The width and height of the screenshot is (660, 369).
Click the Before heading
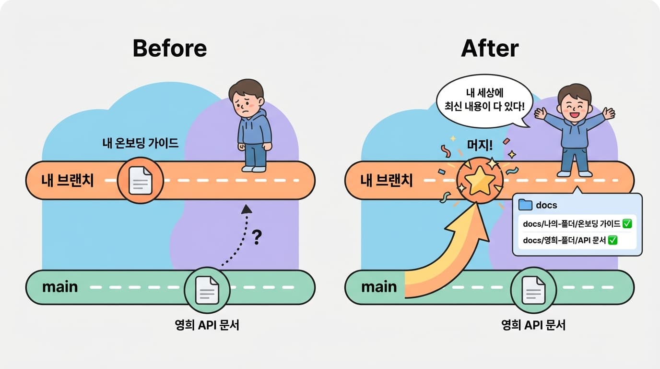pos(169,48)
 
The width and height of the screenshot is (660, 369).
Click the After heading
pos(490,48)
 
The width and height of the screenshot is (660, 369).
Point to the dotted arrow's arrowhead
pos(247,209)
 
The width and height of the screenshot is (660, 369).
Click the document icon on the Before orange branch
pos(140,181)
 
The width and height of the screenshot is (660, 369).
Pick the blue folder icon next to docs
pos(526,205)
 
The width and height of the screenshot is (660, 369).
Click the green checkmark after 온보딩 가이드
pos(627,223)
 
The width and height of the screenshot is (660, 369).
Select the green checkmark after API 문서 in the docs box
pos(613,240)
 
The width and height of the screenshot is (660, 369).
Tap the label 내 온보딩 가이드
pos(141,143)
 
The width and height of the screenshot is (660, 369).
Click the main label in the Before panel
pos(60,287)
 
